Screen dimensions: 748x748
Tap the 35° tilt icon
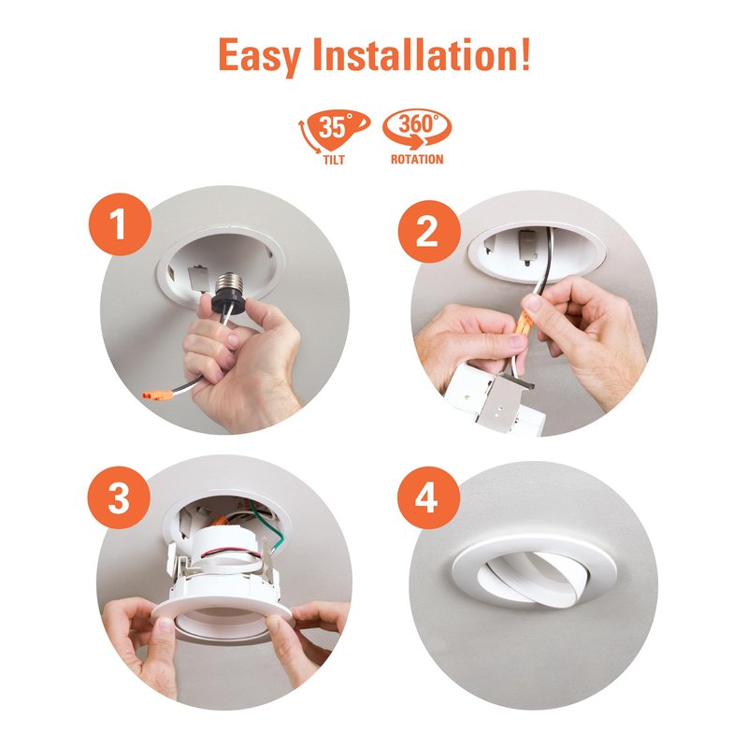(x=334, y=131)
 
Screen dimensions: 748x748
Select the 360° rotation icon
(x=417, y=128)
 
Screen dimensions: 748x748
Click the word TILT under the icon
(x=334, y=160)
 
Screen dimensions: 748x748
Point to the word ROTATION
(x=417, y=159)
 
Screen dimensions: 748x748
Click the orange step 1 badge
(x=120, y=224)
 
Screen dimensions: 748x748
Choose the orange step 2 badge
(x=429, y=232)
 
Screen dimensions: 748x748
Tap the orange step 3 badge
(x=119, y=497)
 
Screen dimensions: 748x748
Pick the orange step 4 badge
(x=428, y=497)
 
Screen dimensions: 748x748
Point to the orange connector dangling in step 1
(x=157, y=395)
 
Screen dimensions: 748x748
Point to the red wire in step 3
(x=231, y=553)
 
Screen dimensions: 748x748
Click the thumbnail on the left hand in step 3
(x=165, y=625)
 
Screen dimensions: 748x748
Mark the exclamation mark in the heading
(x=525, y=54)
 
